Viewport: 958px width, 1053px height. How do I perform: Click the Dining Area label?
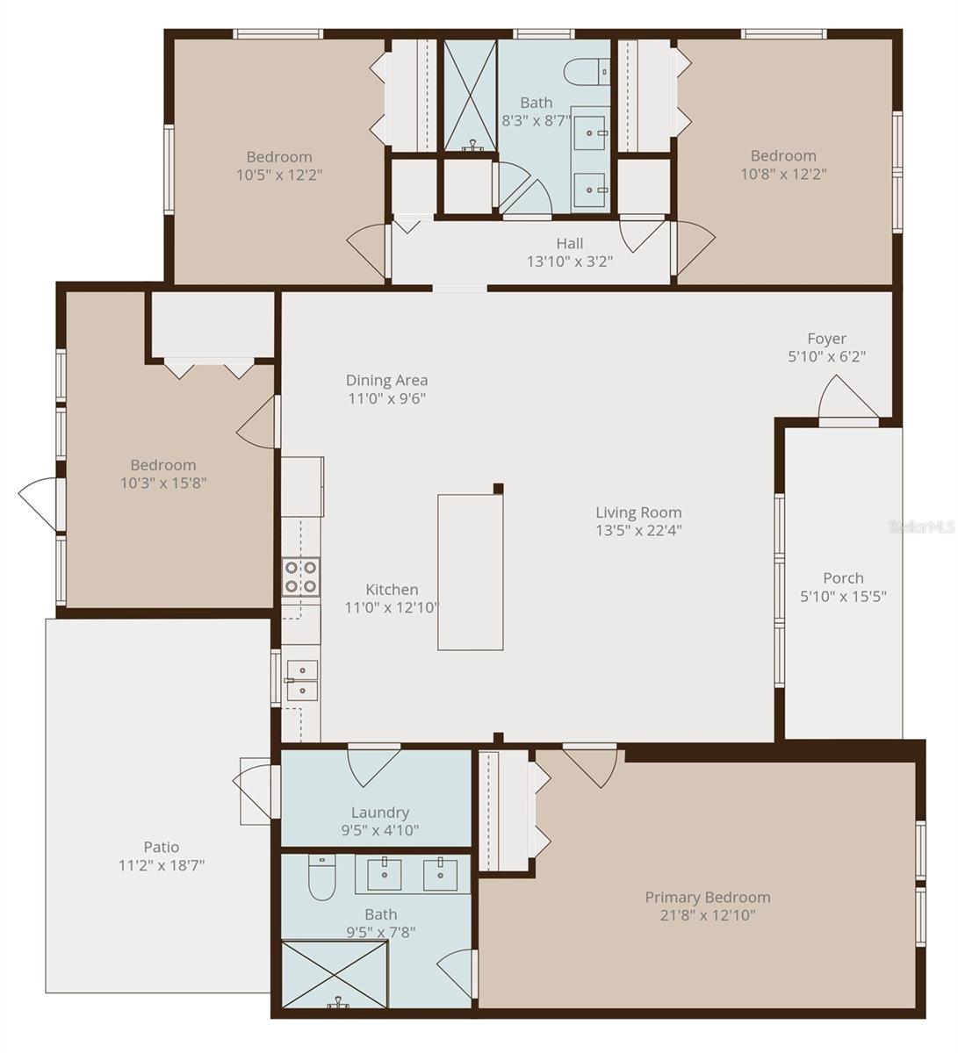pyautogui.click(x=386, y=380)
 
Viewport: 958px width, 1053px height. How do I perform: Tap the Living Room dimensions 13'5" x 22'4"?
pyautogui.click(x=638, y=530)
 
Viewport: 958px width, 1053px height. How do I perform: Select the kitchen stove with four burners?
pyautogui.click(x=299, y=577)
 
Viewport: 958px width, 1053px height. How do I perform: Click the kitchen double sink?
pyautogui.click(x=301, y=680)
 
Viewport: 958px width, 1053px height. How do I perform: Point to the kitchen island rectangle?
pyautogui.click(x=471, y=572)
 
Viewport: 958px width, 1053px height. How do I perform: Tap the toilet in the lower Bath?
pyautogui.click(x=321, y=879)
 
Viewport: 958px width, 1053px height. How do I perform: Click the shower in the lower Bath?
pyautogui.click(x=335, y=974)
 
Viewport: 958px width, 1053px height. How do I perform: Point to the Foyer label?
pyautogui.click(x=827, y=339)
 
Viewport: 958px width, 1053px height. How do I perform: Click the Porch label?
pyautogui.click(x=843, y=578)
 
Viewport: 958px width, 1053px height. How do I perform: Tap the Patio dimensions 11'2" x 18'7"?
pyautogui.click(x=162, y=864)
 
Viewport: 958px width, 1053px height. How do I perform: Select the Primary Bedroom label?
pyautogui.click(x=708, y=897)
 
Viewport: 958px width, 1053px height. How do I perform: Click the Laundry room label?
pyautogui.click(x=380, y=813)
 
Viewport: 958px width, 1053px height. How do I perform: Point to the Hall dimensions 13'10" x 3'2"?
pyautogui.click(x=569, y=261)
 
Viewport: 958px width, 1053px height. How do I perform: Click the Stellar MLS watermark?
pyautogui.click(x=921, y=527)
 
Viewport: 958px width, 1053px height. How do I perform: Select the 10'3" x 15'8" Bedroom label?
pyautogui.click(x=163, y=465)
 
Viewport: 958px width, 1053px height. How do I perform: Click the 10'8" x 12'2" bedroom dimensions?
pyautogui.click(x=783, y=174)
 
